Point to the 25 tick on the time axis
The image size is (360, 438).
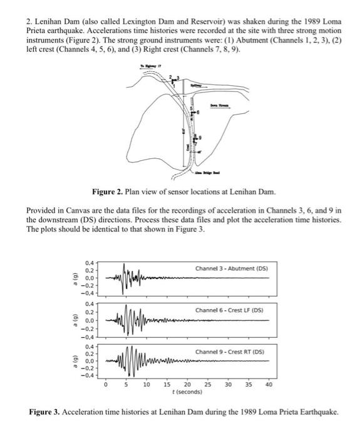click(x=207, y=385)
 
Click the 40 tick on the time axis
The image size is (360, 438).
click(x=269, y=385)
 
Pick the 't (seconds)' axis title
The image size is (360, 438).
click(x=187, y=392)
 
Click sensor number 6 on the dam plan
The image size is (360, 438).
click(x=198, y=111)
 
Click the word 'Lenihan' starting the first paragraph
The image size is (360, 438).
click(x=47, y=22)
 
